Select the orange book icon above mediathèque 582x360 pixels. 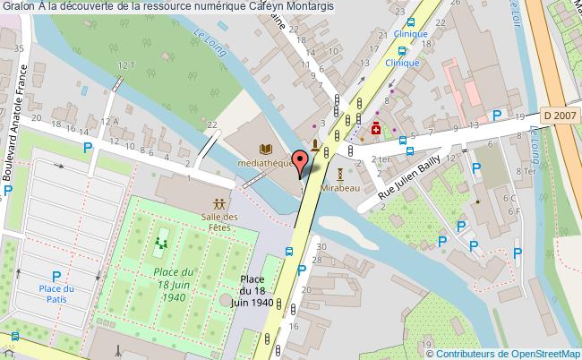pos(264,149)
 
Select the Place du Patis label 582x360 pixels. pos(56,293)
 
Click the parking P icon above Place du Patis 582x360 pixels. pos(56,276)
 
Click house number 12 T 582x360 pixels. pos(125,66)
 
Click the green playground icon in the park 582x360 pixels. pos(162,241)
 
